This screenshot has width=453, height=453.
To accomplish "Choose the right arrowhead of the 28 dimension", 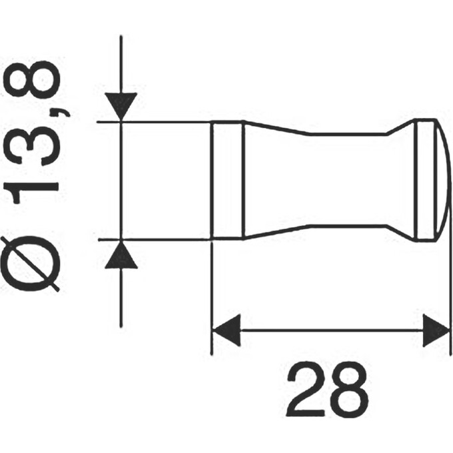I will (x=436, y=330).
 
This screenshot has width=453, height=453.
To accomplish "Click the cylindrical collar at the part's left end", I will (x=226, y=180).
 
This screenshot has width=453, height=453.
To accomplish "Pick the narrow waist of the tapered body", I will (x=326, y=180).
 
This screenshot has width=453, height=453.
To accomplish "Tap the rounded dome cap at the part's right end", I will (x=438, y=180).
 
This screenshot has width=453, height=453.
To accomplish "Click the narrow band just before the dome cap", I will (x=421, y=180).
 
